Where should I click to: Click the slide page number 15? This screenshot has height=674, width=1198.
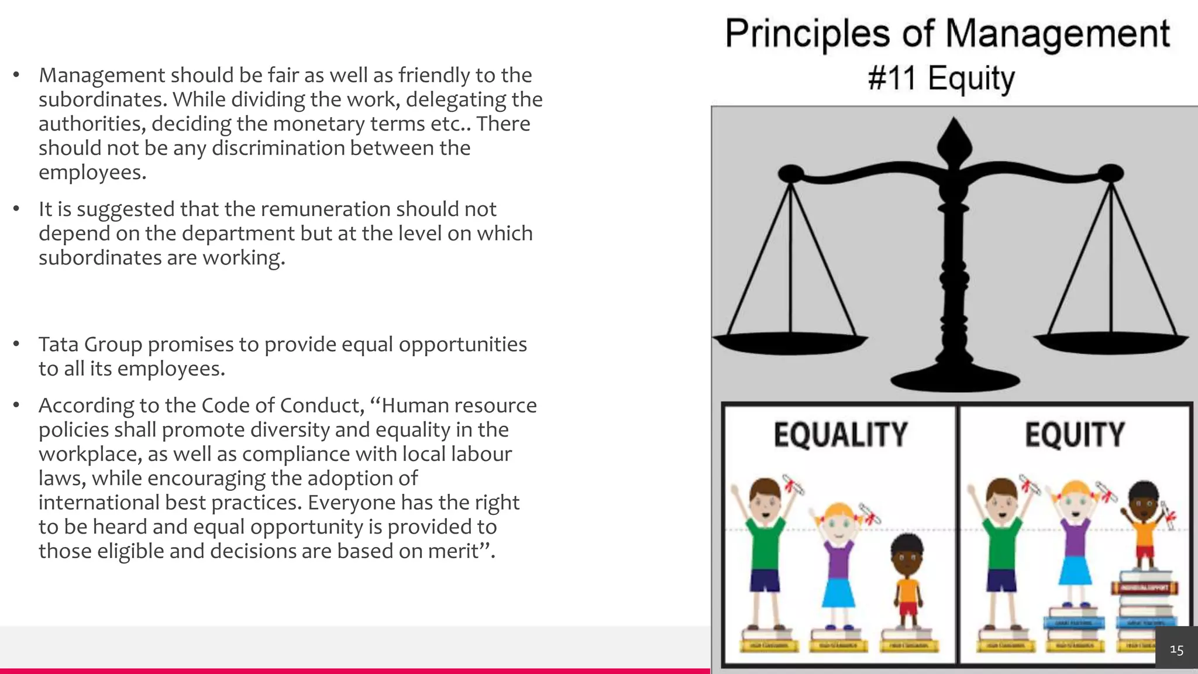[1176, 649]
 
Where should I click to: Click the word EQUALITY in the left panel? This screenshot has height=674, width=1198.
[840, 435]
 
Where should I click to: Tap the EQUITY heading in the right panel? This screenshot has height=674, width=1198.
[1075, 435]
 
